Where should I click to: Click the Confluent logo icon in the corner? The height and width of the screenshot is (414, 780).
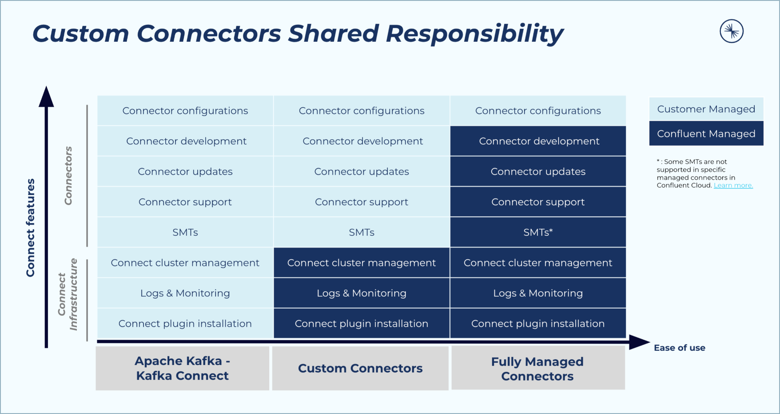tap(732, 31)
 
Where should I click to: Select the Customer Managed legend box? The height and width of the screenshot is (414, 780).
tap(706, 109)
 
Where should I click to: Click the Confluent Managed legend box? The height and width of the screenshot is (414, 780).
tap(706, 133)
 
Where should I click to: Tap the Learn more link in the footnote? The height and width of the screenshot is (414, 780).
tap(733, 185)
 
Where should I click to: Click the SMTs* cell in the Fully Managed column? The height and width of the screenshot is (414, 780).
tap(538, 232)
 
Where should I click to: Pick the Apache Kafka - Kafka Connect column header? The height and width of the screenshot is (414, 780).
tap(183, 368)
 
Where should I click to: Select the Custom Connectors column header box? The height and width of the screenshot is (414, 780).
tap(360, 368)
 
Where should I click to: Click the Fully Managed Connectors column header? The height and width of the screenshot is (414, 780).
tap(537, 368)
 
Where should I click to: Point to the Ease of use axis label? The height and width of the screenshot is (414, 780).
tap(679, 348)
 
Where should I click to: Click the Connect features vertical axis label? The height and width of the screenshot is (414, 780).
tap(30, 228)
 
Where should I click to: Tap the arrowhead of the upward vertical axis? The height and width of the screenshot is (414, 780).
tap(46, 96)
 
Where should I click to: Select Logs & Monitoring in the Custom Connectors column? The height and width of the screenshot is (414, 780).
tap(362, 293)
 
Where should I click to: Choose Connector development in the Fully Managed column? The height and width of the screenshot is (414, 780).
tap(539, 141)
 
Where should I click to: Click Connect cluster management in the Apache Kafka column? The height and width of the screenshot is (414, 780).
tap(185, 263)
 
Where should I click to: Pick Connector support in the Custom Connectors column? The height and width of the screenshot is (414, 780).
tap(362, 202)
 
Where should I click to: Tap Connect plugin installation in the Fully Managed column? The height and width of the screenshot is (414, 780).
tap(537, 324)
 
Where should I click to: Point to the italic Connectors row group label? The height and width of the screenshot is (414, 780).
tap(68, 176)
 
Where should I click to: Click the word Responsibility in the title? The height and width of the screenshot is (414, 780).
tap(474, 34)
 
